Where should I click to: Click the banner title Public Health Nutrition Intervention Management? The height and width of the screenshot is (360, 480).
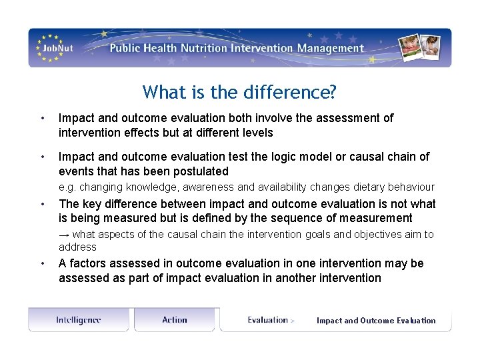tap(237, 48)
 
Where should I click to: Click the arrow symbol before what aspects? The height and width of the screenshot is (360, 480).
tap(64, 235)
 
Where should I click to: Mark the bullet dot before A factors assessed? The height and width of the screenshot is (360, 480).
tap(43, 264)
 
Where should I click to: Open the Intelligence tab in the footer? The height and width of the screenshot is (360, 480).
tap(79, 320)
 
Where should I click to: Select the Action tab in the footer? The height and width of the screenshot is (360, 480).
tap(175, 320)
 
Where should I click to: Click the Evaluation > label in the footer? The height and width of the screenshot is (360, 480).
tap(271, 320)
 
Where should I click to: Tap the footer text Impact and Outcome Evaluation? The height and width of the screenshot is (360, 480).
tap(376, 321)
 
